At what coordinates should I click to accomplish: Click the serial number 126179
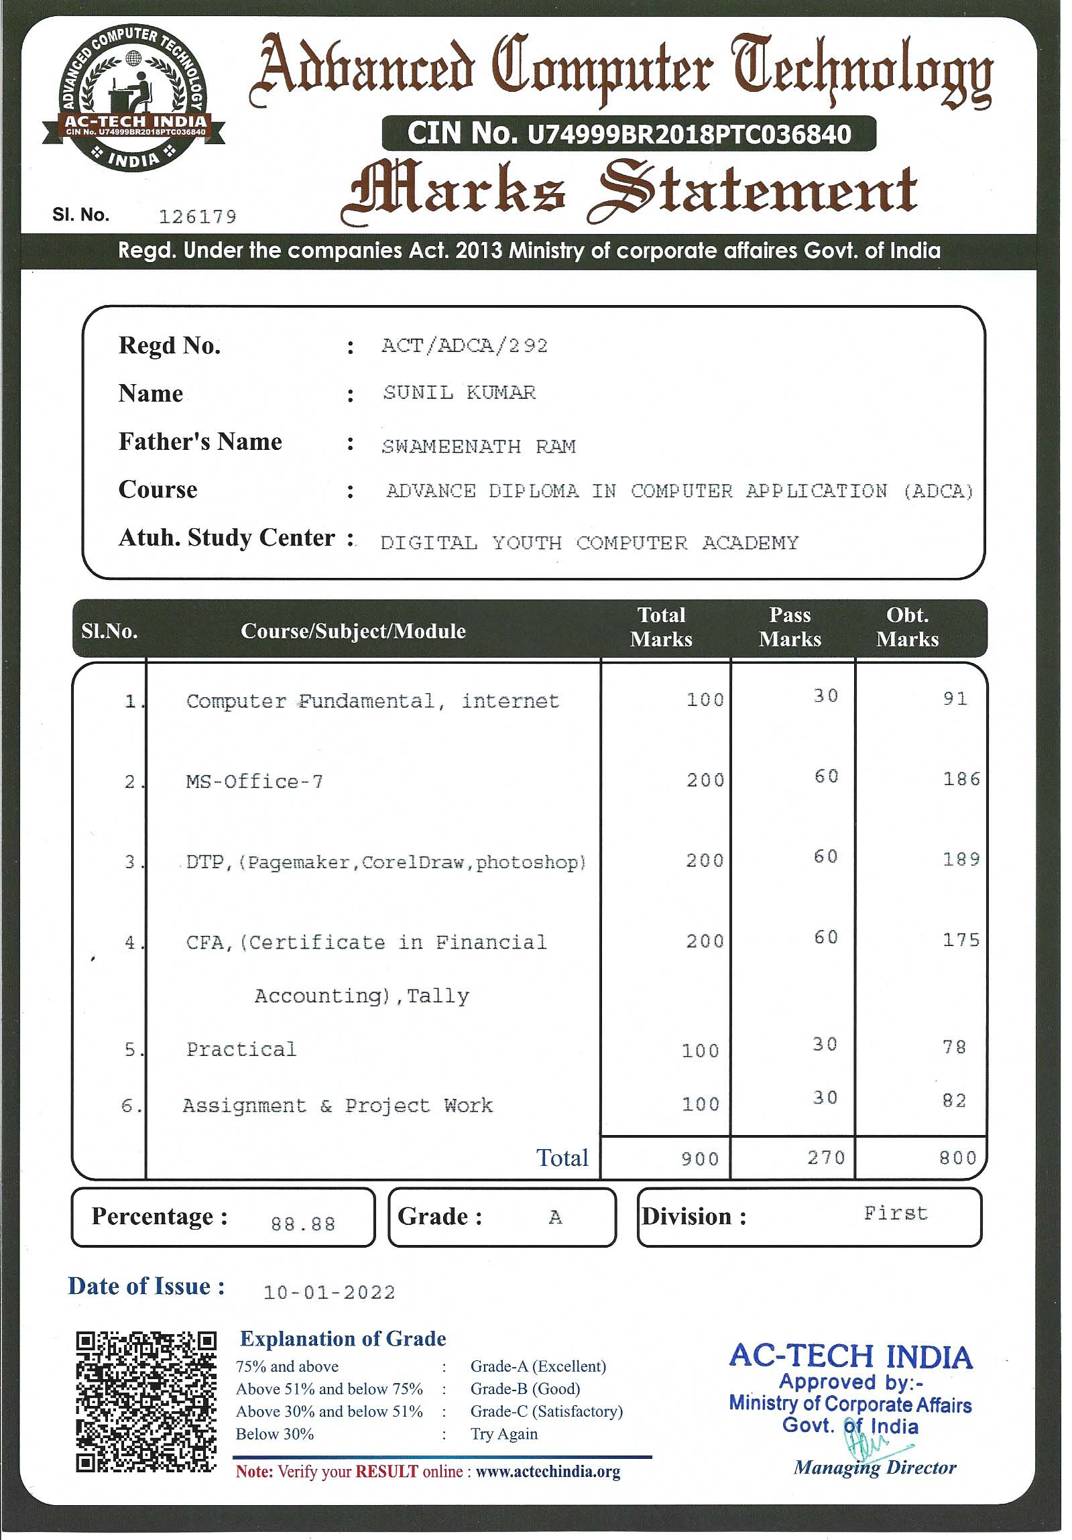click(x=198, y=217)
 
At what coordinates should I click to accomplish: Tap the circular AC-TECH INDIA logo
click(x=134, y=97)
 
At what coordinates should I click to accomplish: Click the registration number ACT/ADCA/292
click(x=464, y=345)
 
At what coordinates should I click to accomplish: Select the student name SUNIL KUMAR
click(x=459, y=392)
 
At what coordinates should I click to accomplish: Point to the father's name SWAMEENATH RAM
click(x=478, y=446)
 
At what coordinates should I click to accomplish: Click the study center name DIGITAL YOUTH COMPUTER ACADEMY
click(x=589, y=542)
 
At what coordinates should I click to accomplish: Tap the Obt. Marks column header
click(x=907, y=627)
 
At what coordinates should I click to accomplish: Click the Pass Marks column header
click(x=790, y=627)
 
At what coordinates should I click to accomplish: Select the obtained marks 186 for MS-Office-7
click(x=961, y=779)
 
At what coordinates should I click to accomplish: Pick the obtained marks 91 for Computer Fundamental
click(x=955, y=699)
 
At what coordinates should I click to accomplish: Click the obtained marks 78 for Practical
click(x=954, y=1047)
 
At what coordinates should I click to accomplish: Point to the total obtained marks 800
click(x=957, y=1158)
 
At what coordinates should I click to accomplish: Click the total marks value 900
click(x=700, y=1159)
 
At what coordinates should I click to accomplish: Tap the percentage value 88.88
click(x=302, y=1224)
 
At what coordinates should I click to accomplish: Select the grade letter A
click(x=555, y=1218)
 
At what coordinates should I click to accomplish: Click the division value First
click(x=896, y=1213)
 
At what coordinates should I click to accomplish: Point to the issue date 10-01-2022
click(x=329, y=1293)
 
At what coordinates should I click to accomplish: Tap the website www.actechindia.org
click(x=548, y=1472)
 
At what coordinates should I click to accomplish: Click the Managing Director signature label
click(x=875, y=1468)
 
